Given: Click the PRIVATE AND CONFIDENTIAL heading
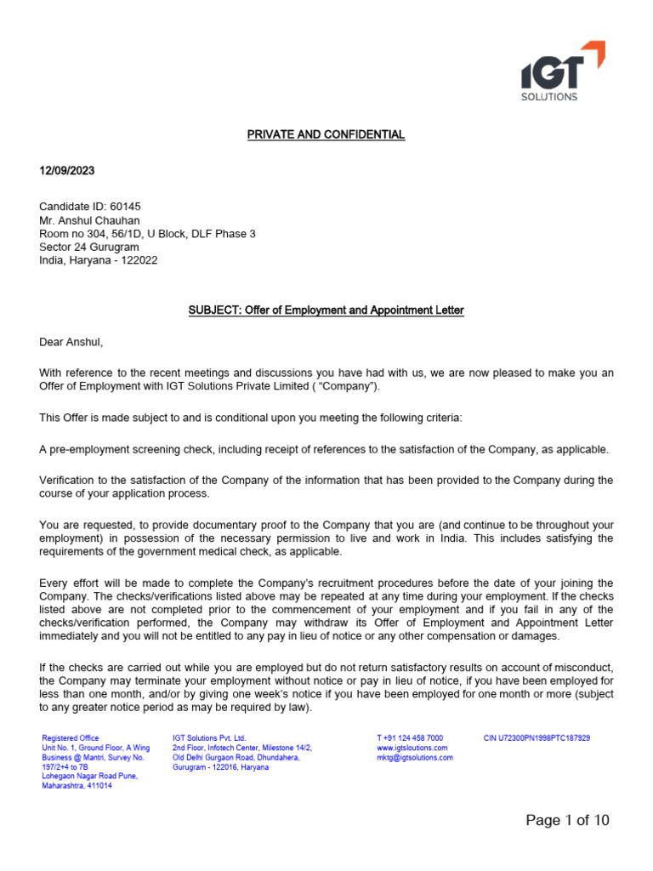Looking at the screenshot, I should tap(326, 134).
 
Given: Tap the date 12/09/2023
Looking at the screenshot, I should tap(67, 170).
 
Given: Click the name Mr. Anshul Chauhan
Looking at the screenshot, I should tap(89, 220).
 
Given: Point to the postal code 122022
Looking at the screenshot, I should tap(139, 260).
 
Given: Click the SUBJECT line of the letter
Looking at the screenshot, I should tap(326, 310).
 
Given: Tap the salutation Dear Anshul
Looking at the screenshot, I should tap(71, 342).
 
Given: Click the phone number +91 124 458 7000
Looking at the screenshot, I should tap(410, 737).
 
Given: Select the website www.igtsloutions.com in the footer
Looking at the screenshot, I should tap(412, 748).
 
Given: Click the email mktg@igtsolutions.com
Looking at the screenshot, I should tap(415, 757).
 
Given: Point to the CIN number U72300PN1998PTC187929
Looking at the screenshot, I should tap(537, 737).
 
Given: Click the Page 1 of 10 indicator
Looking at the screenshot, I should tap(567, 820).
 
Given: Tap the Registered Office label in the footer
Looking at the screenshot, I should tap(71, 737).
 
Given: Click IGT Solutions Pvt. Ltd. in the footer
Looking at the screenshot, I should tap(208, 737).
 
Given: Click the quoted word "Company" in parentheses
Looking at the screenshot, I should tap(354, 386).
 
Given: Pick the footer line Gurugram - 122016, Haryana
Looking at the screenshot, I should tap(220, 766).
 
